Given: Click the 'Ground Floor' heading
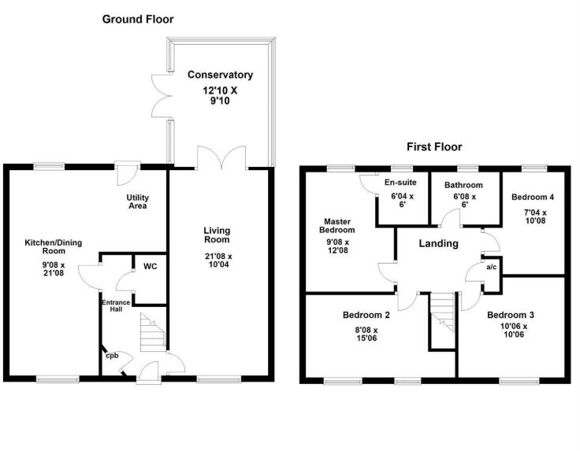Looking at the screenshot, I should (x=138, y=19).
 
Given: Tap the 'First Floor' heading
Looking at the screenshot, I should (x=434, y=146).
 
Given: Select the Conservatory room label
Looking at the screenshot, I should (x=220, y=75).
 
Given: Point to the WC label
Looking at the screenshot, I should (x=150, y=267).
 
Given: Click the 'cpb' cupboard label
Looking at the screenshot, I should (x=112, y=355).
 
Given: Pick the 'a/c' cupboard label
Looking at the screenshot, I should (x=492, y=268).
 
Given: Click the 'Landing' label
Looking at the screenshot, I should (x=438, y=243).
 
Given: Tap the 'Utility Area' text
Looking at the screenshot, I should (x=138, y=201).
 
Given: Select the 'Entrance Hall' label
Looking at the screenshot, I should (x=111, y=305).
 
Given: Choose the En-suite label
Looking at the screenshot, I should (x=400, y=182).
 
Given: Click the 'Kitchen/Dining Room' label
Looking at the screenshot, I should (x=54, y=248).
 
